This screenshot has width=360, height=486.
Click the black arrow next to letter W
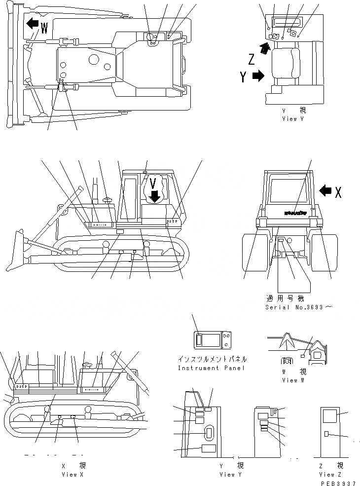[x=33, y=23]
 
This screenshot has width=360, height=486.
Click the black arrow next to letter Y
[x=258, y=76]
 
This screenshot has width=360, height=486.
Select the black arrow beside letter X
[x=325, y=190]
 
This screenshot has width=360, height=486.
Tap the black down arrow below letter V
[x=155, y=196]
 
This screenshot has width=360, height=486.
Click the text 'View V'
[x=296, y=119]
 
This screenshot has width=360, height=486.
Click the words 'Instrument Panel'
[x=212, y=368]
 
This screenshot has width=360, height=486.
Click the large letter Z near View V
[x=252, y=60]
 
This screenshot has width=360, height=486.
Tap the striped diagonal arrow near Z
[x=265, y=48]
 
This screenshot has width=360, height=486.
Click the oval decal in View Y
[x=209, y=434]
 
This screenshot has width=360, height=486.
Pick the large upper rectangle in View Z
[x=329, y=416]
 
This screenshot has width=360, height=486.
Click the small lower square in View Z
[x=326, y=434]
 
